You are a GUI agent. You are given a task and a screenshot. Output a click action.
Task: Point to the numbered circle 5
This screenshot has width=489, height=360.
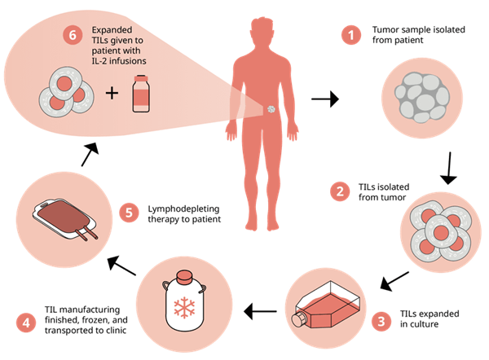point(127,213)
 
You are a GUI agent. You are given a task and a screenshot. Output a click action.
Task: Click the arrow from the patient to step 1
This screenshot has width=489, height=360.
point(324,101)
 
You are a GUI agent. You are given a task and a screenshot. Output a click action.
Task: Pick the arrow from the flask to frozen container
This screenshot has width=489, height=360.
point(262,310)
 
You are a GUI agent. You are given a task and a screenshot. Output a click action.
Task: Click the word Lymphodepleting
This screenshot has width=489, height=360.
point(182,208)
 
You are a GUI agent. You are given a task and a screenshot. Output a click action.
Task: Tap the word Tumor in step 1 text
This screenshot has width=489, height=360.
point(385,30)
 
